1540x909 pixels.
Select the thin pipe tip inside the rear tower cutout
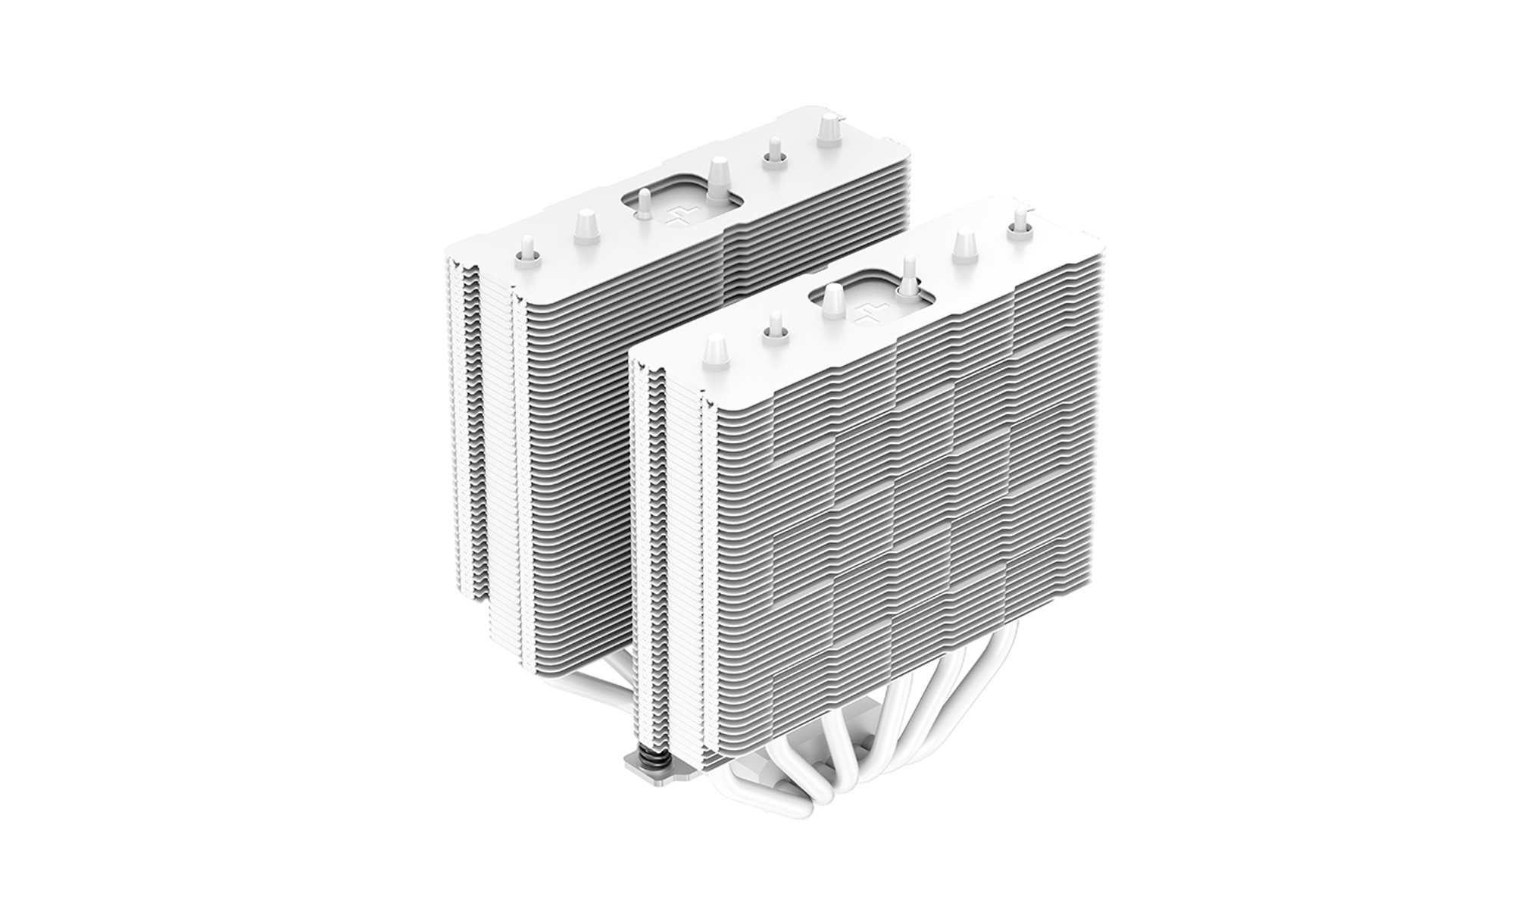643,203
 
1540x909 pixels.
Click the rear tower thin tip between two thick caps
774,151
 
